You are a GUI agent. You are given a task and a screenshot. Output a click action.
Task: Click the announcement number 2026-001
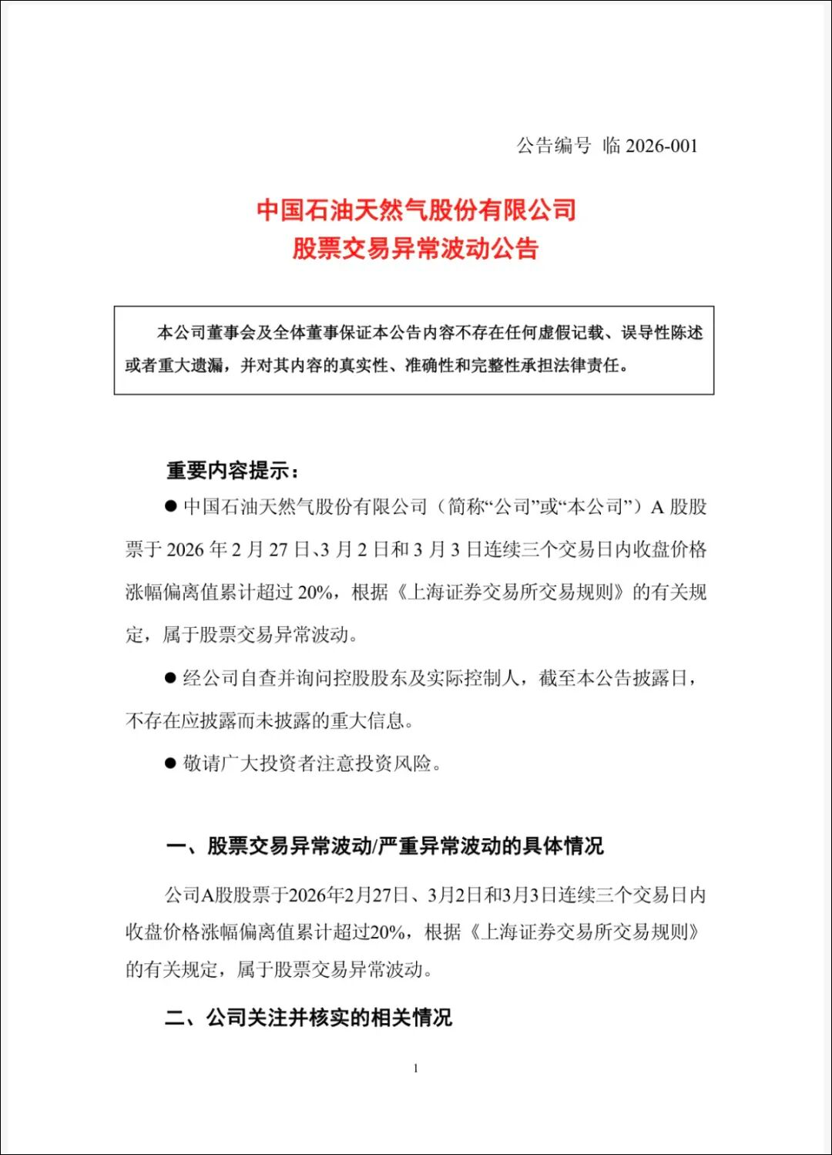tap(662, 146)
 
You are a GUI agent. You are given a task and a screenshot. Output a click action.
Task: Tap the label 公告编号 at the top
tap(553, 146)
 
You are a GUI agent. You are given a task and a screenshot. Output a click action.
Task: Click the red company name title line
tap(416, 210)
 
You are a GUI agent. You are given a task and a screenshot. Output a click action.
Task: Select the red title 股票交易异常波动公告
tap(415, 249)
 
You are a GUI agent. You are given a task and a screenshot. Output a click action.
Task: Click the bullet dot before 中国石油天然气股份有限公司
tap(170, 506)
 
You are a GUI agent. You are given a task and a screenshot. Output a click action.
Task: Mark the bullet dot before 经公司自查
tap(170, 678)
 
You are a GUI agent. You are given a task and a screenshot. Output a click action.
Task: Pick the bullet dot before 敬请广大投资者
tap(170, 764)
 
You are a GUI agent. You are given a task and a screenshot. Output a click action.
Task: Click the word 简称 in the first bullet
tap(466, 507)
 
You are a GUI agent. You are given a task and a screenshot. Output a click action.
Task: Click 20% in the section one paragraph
tap(387, 932)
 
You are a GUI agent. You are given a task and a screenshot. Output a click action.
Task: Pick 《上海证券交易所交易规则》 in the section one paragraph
tap(585, 932)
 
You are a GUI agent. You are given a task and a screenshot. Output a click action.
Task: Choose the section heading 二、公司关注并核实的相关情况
tap(309, 1018)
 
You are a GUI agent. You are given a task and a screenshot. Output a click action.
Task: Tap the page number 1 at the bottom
tap(416, 1069)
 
